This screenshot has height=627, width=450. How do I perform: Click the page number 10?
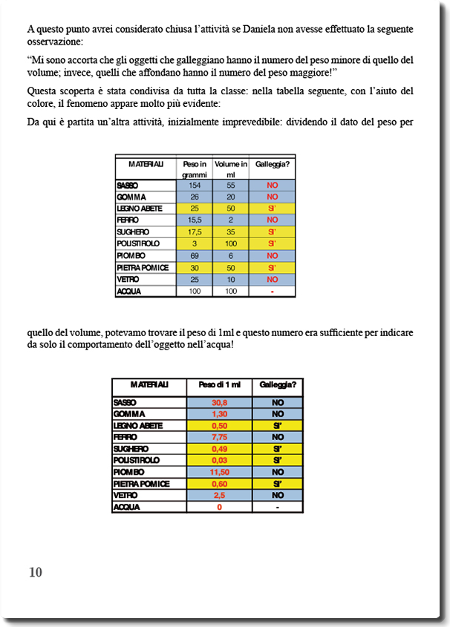(x=36, y=572)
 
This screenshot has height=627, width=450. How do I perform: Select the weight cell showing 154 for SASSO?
(x=195, y=186)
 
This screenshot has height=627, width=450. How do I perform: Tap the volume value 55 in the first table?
(x=231, y=186)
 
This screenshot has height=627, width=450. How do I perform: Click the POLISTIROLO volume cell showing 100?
(x=231, y=243)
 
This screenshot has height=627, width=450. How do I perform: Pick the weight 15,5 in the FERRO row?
(x=195, y=220)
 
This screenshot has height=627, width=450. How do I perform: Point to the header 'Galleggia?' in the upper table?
(x=272, y=163)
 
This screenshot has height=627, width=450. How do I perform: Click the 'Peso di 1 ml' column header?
(x=219, y=385)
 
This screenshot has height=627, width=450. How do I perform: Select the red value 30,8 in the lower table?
(x=219, y=402)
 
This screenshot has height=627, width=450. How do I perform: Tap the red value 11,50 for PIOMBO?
(x=219, y=472)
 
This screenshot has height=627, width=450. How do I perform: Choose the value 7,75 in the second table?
(x=219, y=437)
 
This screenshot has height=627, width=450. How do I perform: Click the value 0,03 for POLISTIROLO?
(x=219, y=460)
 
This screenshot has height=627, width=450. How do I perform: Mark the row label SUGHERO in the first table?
(x=134, y=232)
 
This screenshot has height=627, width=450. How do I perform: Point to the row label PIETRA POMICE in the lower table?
(x=141, y=484)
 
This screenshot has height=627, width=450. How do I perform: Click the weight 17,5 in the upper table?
(x=195, y=232)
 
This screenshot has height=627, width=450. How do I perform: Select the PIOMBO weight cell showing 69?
(x=195, y=255)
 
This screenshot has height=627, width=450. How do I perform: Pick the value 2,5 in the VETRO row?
(x=219, y=495)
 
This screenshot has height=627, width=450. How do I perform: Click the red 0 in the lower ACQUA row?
(x=219, y=507)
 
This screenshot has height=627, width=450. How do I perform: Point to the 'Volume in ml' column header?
(x=231, y=168)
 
